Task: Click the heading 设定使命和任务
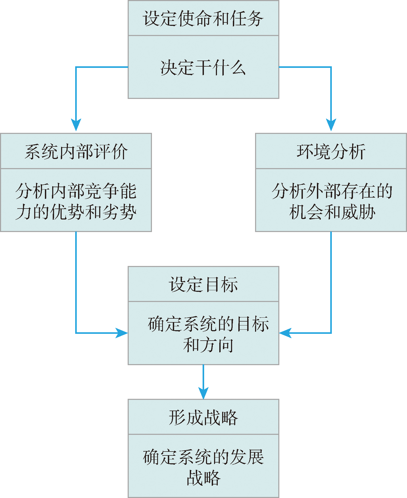[203, 19]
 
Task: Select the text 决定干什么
[203, 68]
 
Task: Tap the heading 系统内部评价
[76, 151]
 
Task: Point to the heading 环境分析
[331, 151]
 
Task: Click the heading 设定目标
[203, 284]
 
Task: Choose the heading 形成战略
[203, 417]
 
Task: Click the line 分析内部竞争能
[76, 191]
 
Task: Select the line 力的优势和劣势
[76, 212]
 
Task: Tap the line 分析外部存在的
[332, 191]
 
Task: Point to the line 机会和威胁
[332, 212]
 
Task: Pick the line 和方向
[208, 345]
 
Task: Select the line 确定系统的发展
[203, 457]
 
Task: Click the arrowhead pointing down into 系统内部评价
[76, 125]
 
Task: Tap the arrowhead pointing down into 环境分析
[331, 125]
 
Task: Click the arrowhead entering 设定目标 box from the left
[121, 333]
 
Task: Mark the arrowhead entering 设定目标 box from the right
[285, 333]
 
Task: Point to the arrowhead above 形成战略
[203, 393]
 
